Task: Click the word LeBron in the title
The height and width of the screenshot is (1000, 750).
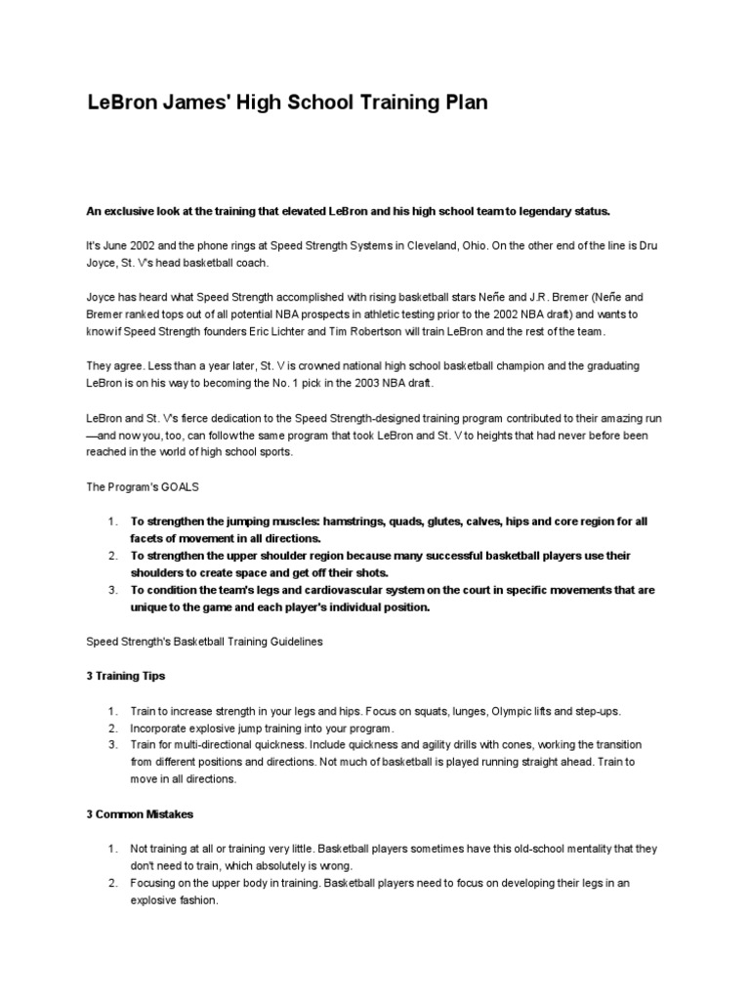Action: click(119, 102)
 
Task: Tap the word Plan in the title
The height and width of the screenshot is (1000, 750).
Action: click(461, 102)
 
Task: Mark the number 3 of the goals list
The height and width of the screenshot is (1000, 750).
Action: click(112, 590)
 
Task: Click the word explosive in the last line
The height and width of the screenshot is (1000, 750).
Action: click(157, 901)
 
